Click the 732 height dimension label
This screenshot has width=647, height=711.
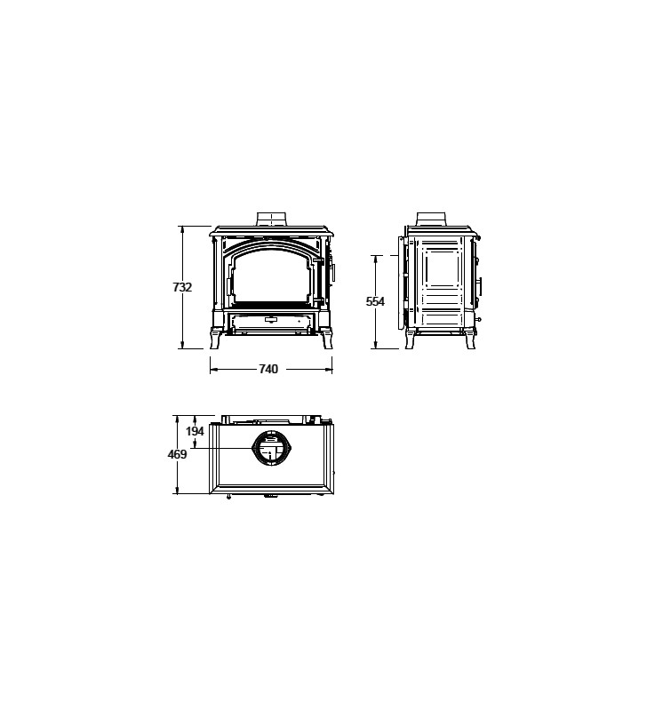coord(182,287)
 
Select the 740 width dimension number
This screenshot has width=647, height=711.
coord(268,369)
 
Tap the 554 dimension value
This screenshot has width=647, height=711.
coord(375,301)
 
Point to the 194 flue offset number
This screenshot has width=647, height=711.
coord(195,431)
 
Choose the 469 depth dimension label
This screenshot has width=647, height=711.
coord(177,454)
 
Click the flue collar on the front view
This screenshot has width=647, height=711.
coord(272,219)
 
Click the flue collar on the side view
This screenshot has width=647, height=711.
coord(431,219)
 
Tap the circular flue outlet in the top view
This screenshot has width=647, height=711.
coord(271,448)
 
